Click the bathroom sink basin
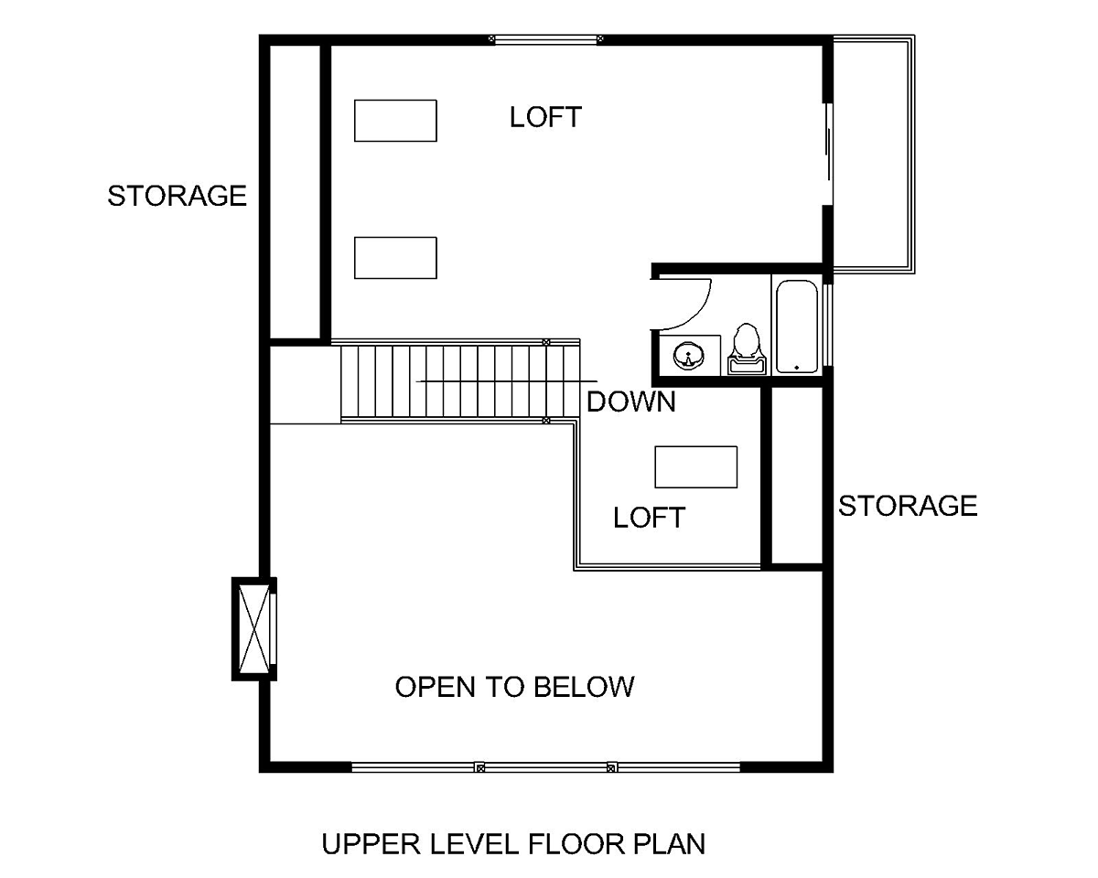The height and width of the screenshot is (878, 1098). [x=688, y=356]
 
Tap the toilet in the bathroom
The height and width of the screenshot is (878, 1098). [x=747, y=349]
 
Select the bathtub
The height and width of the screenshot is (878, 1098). [x=796, y=327]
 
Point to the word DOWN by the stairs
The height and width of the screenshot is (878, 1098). [x=631, y=402]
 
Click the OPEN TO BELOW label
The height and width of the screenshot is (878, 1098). [x=515, y=687]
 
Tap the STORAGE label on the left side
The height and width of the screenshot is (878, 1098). [x=177, y=196]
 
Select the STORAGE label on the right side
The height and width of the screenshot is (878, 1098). [x=908, y=506]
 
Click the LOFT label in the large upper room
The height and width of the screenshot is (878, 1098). [x=545, y=117]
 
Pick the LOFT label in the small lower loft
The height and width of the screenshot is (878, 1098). [x=649, y=518]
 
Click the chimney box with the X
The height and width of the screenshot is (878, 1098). [x=254, y=629]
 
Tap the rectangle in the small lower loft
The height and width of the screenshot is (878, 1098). [x=696, y=467]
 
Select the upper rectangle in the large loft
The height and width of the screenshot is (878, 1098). [x=395, y=121]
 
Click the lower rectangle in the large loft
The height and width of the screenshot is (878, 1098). [x=395, y=258]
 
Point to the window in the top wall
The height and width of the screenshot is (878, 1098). [x=546, y=39]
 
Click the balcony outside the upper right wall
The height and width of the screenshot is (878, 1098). [x=874, y=154]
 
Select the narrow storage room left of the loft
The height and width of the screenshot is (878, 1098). [x=295, y=192]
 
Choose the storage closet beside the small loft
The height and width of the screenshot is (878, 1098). [x=796, y=476]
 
